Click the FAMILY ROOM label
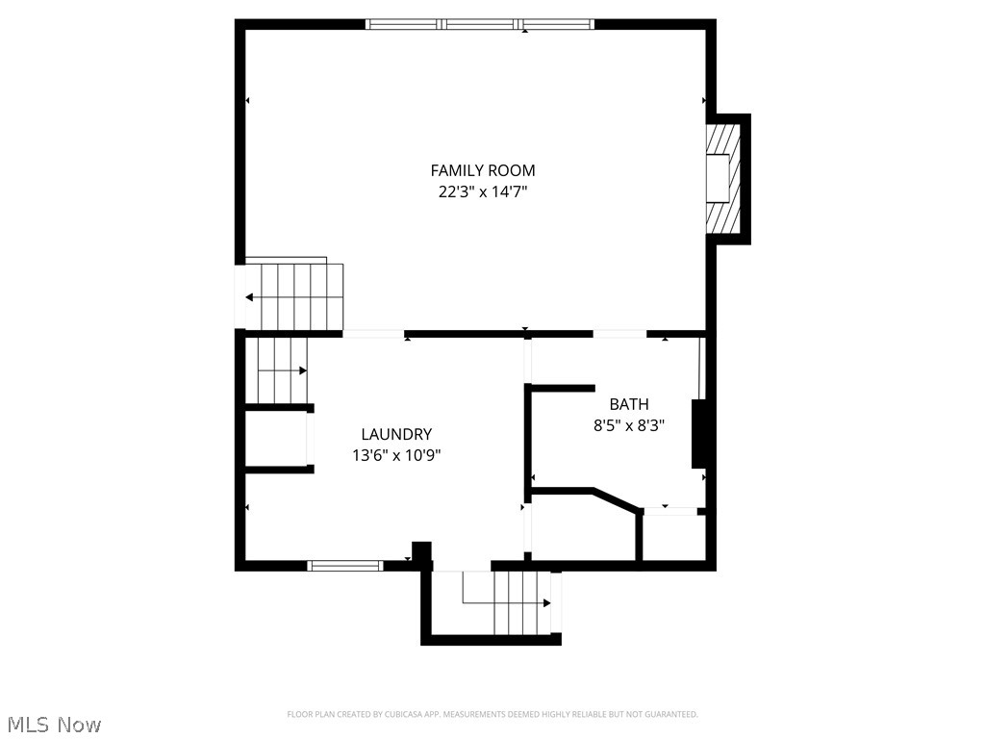[x=483, y=170]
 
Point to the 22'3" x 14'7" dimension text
[x=483, y=191]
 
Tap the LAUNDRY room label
[x=396, y=434]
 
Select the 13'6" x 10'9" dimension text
[x=396, y=455]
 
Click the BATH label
[x=628, y=404]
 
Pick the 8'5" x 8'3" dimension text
[x=628, y=424]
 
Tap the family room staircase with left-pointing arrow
[x=293, y=296]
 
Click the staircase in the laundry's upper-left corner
[x=280, y=369]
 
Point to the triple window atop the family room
[x=480, y=24]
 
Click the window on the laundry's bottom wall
[x=344, y=566]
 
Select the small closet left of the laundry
[x=276, y=440]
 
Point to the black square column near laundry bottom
[x=421, y=551]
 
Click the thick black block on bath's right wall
[x=699, y=433]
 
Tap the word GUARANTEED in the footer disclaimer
[x=668, y=714]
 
